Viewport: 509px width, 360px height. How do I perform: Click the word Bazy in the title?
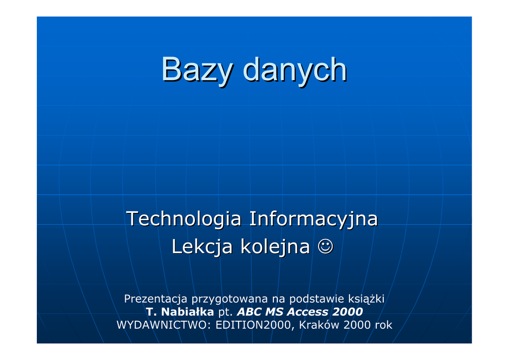197,70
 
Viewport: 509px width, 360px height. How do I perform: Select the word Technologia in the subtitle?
184,219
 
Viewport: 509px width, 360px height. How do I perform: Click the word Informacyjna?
314,219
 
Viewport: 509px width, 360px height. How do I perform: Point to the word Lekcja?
202,247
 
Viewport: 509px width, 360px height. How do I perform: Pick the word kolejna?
275,247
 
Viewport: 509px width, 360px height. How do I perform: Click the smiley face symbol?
326,247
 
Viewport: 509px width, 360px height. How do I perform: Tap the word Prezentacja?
156,299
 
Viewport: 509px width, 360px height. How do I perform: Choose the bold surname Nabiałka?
187,312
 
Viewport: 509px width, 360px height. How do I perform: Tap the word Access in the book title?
307,312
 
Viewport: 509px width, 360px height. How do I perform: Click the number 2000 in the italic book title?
347,312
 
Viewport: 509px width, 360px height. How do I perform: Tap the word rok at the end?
384,325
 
